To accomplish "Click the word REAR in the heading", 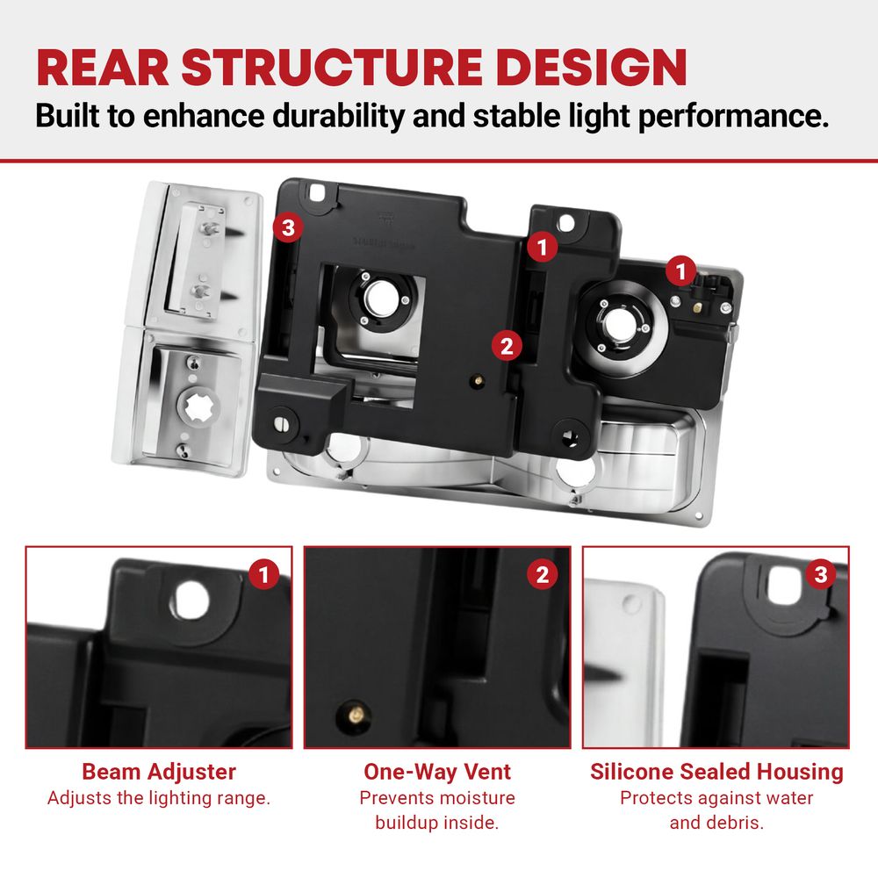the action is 103,68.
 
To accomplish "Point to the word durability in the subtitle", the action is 339,116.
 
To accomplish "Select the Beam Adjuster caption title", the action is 159,772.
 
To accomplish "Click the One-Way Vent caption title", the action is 437,772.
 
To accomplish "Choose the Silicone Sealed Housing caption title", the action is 716,772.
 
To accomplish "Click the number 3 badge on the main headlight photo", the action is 288,228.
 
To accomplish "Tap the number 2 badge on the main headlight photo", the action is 507,345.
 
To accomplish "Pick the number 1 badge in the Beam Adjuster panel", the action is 264,574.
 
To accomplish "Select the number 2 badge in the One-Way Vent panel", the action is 542,574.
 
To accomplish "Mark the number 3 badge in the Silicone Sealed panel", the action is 821,574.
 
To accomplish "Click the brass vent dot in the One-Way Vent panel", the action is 356,714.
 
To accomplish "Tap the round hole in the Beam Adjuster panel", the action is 191,601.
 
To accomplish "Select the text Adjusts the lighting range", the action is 159,798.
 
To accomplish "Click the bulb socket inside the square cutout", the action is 382,298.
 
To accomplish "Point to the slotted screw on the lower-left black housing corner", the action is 282,424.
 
